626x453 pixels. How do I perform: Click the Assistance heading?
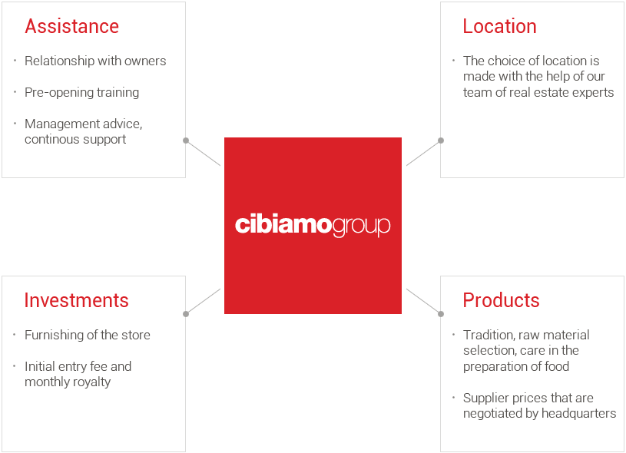pos(72,26)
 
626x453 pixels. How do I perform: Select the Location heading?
pos(499,26)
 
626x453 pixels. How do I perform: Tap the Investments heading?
pos(76,300)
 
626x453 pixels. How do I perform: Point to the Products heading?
pos(501,300)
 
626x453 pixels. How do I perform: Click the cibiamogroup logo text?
pos(313,226)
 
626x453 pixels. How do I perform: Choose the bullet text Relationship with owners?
pos(95,61)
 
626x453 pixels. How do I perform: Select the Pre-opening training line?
pos(82,92)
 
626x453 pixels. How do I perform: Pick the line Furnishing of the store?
pos(88,335)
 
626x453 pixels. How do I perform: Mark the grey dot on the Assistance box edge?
pos(186,141)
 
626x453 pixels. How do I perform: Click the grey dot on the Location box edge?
pos(441,141)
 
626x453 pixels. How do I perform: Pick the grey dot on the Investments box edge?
pos(186,314)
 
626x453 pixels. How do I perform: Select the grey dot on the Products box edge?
pos(441,314)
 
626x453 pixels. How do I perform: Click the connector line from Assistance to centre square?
pos(204,153)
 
